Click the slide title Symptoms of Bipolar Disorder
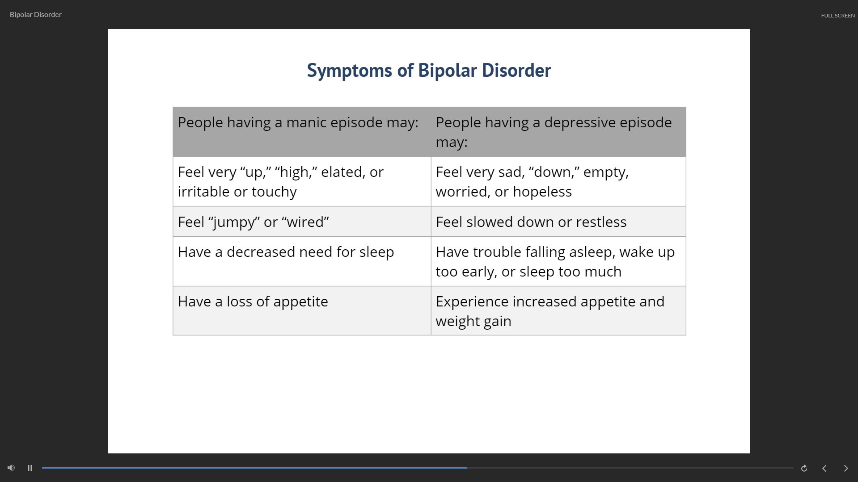(x=429, y=71)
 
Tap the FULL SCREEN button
(x=837, y=16)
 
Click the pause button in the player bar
(x=30, y=468)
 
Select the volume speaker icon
(x=11, y=468)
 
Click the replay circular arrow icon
(x=804, y=468)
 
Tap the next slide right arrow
(x=845, y=468)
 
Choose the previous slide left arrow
(x=824, y=468)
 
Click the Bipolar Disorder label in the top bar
(x=36, y=15)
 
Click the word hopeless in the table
(x=542, y=192)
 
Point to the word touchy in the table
(x=274, y=192)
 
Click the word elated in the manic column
(x=343, y=172)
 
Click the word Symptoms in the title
(x=350, y=71)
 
